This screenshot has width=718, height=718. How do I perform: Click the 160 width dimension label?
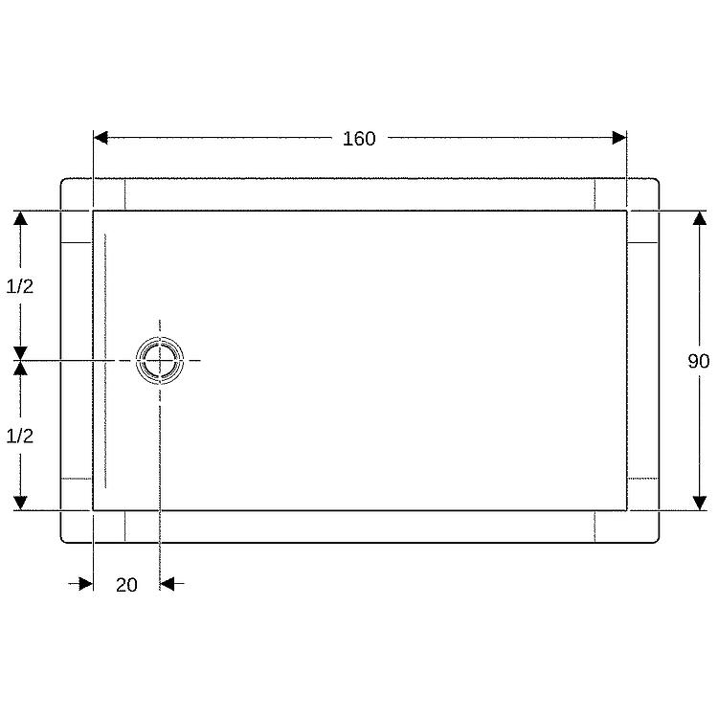tap(359, 138)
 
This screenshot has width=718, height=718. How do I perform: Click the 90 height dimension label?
tap(699, 361)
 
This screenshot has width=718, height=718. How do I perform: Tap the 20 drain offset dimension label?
tap(126, 585)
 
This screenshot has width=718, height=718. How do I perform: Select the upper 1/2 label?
tap(20, 286)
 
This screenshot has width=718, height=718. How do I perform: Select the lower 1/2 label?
tap(20, 436)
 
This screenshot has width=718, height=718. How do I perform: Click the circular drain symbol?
tap(160, 360)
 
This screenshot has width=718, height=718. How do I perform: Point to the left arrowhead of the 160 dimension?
tap(101, 137)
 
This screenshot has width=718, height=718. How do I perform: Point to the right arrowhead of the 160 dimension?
tap(619, 137)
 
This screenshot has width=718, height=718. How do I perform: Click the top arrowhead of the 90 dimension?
tap(699, 218)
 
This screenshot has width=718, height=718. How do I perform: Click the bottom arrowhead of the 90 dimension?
tap(699, 504)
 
